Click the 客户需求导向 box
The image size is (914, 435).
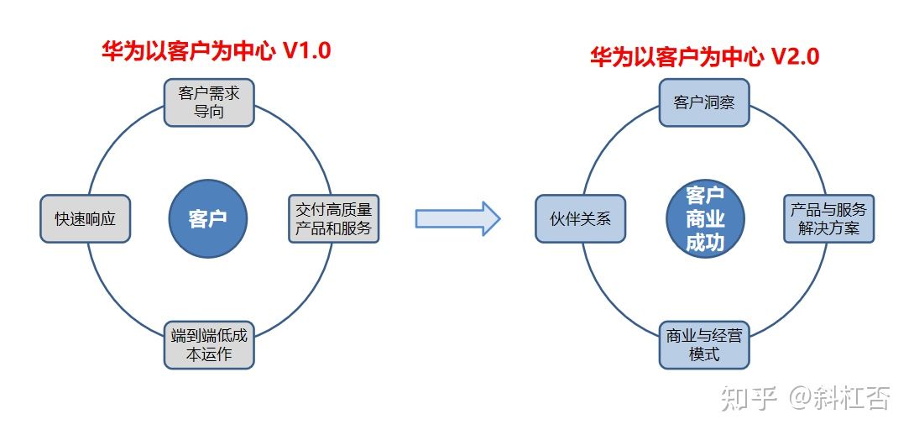[209, 102]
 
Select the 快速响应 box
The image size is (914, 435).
[85, 218]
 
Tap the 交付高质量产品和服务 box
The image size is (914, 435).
[334, 218]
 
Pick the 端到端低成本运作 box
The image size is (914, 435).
[209, 344]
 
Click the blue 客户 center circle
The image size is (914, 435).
[208, 219]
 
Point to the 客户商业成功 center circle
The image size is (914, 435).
[705, 219]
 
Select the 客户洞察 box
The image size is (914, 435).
[704, 102]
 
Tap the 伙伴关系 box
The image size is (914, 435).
[581, 218]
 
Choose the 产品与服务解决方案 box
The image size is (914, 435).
[829, 218]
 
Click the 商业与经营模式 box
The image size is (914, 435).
[704, 344]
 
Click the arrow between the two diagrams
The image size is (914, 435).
[457, 218]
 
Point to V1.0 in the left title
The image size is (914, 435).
[307, 51]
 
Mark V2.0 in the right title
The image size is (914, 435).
[796, 56]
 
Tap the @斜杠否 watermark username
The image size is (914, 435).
[840, 399]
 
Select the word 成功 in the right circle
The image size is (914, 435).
[705, 242]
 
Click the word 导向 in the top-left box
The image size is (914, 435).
[209, 112]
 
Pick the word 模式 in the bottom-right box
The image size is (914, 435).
[704, 354]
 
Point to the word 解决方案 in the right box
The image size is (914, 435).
[829, 228]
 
